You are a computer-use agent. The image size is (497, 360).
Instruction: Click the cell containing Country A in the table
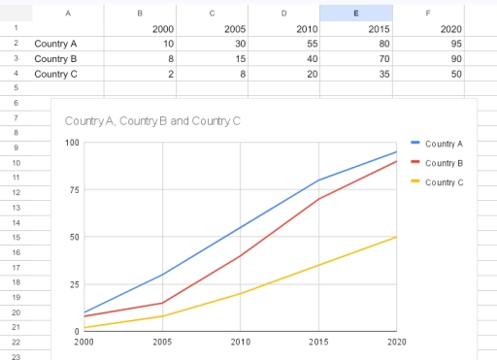55,44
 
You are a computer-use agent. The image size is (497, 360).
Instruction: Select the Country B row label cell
55,58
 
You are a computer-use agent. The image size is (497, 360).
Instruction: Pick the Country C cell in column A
55,74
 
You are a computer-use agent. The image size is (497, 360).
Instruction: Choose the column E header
356,13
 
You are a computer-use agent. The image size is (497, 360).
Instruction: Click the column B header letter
141,13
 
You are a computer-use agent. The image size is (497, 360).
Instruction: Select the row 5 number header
17,88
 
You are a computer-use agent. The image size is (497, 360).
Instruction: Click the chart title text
151,121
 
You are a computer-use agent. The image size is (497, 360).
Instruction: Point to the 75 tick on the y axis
73,190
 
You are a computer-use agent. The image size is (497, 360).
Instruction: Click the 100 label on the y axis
72,143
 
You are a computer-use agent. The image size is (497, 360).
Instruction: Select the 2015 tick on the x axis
318,342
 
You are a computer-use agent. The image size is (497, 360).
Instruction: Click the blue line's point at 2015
318,180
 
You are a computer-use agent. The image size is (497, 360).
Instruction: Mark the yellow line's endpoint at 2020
396,237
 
